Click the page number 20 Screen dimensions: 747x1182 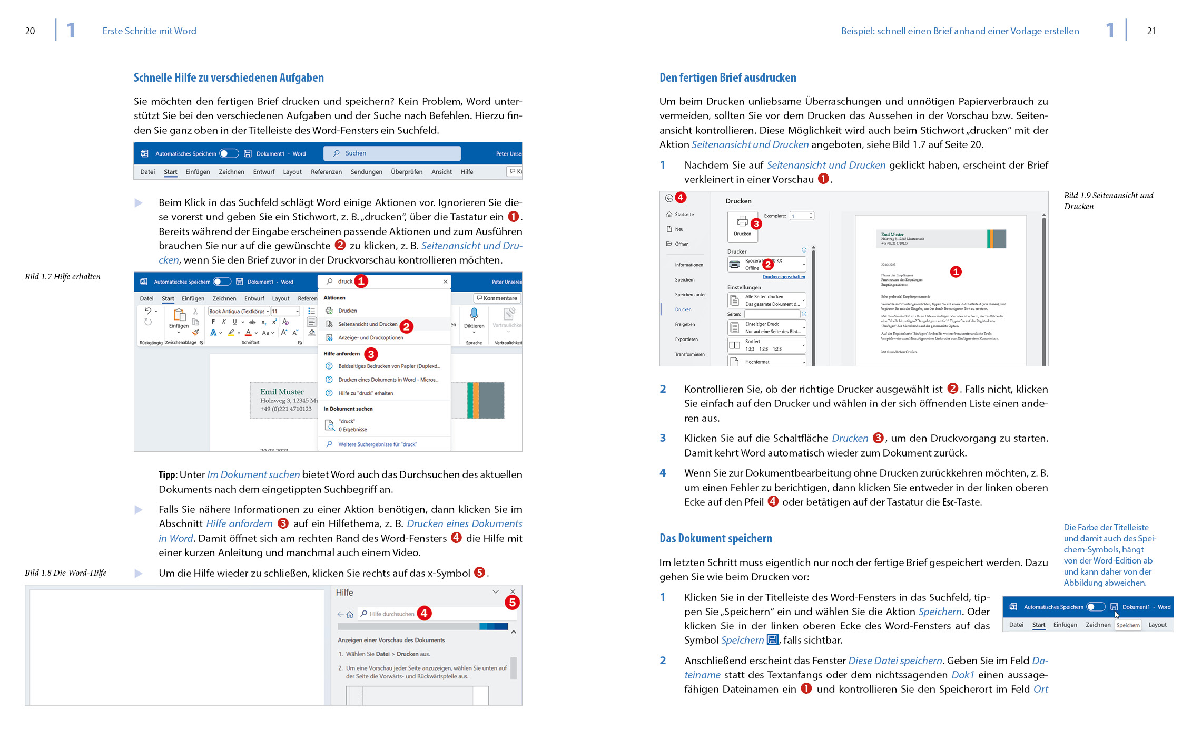(x=30, y=31)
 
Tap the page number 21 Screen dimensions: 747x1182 (x=1151, y=31)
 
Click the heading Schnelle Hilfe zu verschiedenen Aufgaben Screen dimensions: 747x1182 (x=229, y=78)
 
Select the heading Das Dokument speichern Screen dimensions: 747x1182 (x=715, y=538)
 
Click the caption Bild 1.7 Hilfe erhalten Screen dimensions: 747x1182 (x=62, y=277)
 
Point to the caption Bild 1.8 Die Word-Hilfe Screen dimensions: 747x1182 (x=65, y=573)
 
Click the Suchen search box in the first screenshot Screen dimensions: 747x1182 (x=392, y=153)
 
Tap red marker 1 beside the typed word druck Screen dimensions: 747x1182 (x=361, y=282)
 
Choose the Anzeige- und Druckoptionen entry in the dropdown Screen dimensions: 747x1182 (x=370, y=338)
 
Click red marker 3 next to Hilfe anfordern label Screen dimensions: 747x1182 (x=371, y=354)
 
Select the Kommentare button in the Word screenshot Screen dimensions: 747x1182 (x=497, y=298)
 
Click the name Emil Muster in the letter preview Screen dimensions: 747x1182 (x=282, y=392)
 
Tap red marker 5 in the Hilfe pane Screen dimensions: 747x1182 (x=512, y=603)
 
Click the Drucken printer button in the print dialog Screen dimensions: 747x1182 (x=742, y=225)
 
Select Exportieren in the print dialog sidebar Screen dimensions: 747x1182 (x=686, y=339)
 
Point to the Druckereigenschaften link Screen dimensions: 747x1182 (x=784, y=277)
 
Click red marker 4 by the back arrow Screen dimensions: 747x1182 (x=681, y=198)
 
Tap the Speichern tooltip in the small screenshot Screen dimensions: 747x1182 (x=1128, y=625)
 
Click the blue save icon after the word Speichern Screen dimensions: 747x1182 (x=772, y=640)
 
